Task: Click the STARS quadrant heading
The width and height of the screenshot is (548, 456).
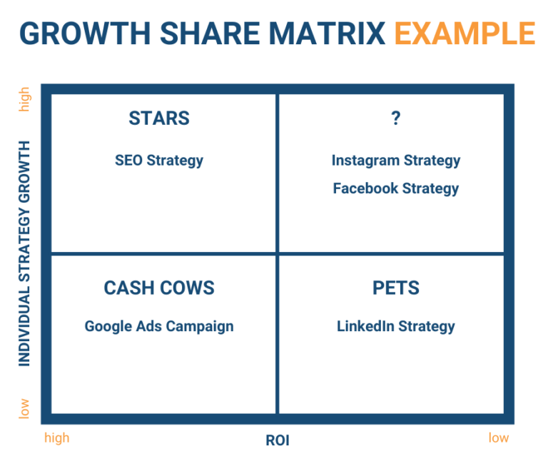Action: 159,118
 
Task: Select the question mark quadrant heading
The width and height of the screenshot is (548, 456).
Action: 396,118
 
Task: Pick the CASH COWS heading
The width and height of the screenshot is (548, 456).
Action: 159,288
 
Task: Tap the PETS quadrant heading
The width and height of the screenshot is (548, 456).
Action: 396,288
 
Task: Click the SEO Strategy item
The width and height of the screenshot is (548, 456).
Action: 159,161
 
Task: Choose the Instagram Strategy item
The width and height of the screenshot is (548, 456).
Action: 396,161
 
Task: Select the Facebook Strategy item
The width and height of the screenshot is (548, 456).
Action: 396,188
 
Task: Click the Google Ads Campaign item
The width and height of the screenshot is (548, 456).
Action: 159,326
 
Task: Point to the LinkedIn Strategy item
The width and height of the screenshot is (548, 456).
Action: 396,326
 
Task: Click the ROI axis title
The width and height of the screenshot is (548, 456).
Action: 278,440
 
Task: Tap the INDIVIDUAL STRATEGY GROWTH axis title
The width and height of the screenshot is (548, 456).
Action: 25,253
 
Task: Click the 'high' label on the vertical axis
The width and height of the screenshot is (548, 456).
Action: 25,99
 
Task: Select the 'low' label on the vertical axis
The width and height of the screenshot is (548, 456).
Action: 25,408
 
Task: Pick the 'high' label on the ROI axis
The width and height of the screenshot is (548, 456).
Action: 57,437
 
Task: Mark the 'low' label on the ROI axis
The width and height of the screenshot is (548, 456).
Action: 499,437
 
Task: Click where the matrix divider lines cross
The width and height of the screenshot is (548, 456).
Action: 278,253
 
